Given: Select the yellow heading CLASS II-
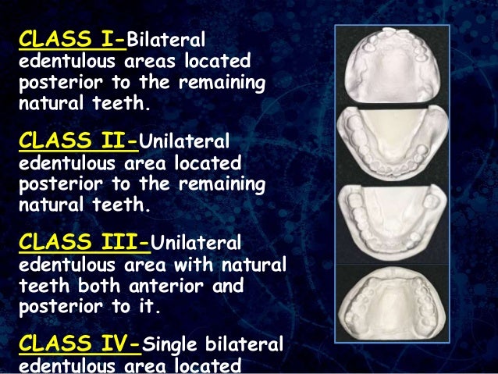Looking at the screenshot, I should [77, 141].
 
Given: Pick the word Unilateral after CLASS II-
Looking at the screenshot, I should [184, 142].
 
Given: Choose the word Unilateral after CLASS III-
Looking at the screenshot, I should [201, 243].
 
